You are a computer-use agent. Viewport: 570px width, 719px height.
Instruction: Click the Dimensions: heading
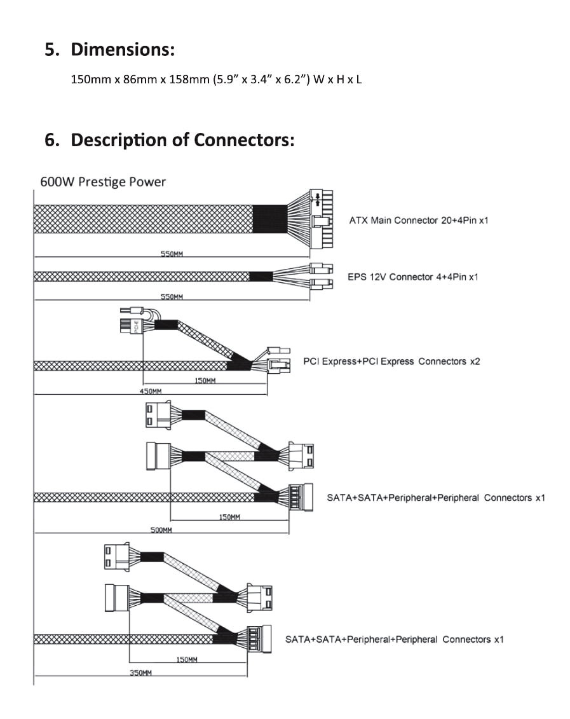[123, 49]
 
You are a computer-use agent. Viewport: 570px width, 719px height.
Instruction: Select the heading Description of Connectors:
[182, 139]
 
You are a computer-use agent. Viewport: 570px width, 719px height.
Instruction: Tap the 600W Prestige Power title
[103, 182]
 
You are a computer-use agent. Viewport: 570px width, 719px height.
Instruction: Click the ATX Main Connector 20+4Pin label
[419, 221]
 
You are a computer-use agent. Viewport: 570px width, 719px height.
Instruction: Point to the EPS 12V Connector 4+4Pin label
[413, 277]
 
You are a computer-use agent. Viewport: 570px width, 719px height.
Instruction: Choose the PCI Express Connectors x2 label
[391, 361]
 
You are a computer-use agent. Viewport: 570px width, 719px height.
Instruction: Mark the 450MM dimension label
[150, 392]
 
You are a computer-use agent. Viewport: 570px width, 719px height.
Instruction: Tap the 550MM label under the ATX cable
[172, 254]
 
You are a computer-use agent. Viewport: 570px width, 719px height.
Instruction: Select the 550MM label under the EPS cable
[172, 296]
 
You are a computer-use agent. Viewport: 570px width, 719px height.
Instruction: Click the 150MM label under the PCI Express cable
[205, 381]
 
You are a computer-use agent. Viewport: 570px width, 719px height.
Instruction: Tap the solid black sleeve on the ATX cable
[270, 219]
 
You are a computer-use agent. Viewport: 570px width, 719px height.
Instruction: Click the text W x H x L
[337, 81]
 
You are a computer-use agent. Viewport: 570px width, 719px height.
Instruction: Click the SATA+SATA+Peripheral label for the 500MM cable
[436, 497]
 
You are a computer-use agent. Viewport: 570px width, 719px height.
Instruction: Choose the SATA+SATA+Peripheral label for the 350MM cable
[395, 639]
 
